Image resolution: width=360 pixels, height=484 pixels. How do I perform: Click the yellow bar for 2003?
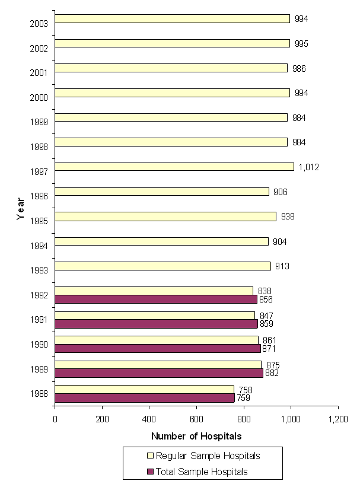click(x=172, y=19)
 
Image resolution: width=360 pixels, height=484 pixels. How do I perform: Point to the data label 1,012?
click(x=308, y=167)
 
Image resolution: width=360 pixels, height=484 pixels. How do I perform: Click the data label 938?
click(x=288, y=216)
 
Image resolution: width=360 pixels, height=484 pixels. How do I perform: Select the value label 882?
click(x=272, y=373)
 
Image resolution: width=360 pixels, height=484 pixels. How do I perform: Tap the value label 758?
click(x=246, y=390)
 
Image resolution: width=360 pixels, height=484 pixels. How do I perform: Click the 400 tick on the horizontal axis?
click(x=149, y=419)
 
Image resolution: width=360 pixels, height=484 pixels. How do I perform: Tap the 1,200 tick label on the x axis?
click(x=337, y=419)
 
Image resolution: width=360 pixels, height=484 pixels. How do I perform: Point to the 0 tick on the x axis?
click(x=55, y=419)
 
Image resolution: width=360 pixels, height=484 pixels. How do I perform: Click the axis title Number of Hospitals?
click(x=196, y=436)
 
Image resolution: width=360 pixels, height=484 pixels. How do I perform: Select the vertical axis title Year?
click(x=21, y=208)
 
